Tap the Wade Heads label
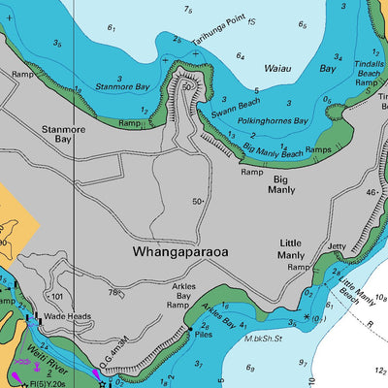67,316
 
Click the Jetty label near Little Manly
337,247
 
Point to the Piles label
203,334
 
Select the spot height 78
113,292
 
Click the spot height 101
56,297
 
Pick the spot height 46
370,193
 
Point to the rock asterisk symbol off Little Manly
307,317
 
